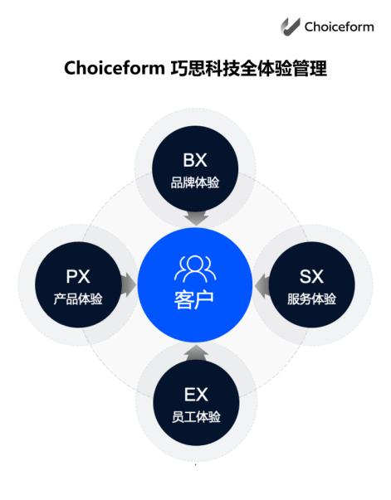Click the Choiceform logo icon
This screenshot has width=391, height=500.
tap(291, 27)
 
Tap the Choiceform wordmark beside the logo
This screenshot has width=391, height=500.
tap(339, 27)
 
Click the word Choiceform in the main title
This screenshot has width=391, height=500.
tap(115, 68)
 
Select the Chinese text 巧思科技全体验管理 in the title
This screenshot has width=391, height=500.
tap(249, 68)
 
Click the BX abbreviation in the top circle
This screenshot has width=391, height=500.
tap(195, 160)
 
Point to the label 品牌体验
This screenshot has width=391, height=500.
tap(195, 182)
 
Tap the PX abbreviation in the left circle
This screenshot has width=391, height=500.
tap(78, 276)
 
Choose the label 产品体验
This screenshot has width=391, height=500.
tap(78, 299)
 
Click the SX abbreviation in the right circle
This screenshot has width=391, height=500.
tap(311, 276)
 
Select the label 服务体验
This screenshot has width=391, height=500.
tap(311, 299)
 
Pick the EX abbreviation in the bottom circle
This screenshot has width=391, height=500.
tap(196, 395)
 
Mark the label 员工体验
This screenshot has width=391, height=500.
tap(196, 417)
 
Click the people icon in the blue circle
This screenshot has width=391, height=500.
tap(195, 269)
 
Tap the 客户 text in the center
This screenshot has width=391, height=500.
tap(193, 300)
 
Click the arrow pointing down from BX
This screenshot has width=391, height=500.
tap(196, 218)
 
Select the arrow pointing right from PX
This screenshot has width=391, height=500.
tap(129, 284)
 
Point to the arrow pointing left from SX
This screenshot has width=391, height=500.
tap(262, 284)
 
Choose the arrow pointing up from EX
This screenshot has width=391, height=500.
tap(197, 353)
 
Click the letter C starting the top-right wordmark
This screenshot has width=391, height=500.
tap(309, 27)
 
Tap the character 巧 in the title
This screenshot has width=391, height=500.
tap(179, 68)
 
